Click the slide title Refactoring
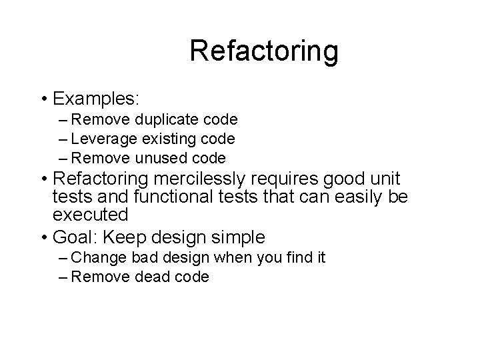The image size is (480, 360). click(263, 51)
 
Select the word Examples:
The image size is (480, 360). click(95, 99)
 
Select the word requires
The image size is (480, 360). click(290, 181)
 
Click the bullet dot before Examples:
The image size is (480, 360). click(43, 99)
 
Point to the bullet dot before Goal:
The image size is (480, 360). click(43, 238)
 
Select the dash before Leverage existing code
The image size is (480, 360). click(63, 139)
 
